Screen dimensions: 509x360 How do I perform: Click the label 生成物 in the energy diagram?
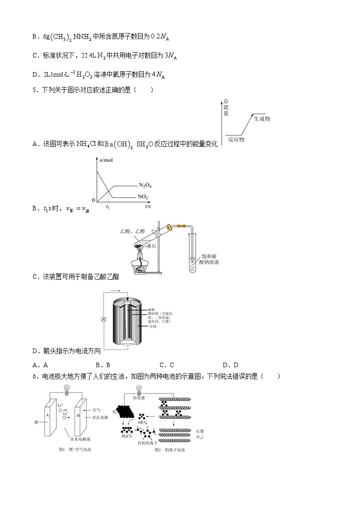pyautogui.click(x=262, y=119)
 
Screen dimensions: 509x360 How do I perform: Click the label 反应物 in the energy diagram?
pyautogui.click(x=236, y=140)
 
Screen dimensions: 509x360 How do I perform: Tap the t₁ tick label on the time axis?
pyautogui.click(x=108, y=206)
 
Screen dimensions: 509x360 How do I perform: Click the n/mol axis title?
pyautogui.click(x=106, y=161)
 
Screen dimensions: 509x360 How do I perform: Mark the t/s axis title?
pyautogui.click(x=148, y=206)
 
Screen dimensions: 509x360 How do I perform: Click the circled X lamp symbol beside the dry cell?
pyautogui.click(x=103, y=320)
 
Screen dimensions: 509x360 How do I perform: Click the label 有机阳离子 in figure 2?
pyautogui.click(x=148, y=443)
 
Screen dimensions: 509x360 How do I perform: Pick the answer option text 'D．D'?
pyautogui.click(x=230, y=365)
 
